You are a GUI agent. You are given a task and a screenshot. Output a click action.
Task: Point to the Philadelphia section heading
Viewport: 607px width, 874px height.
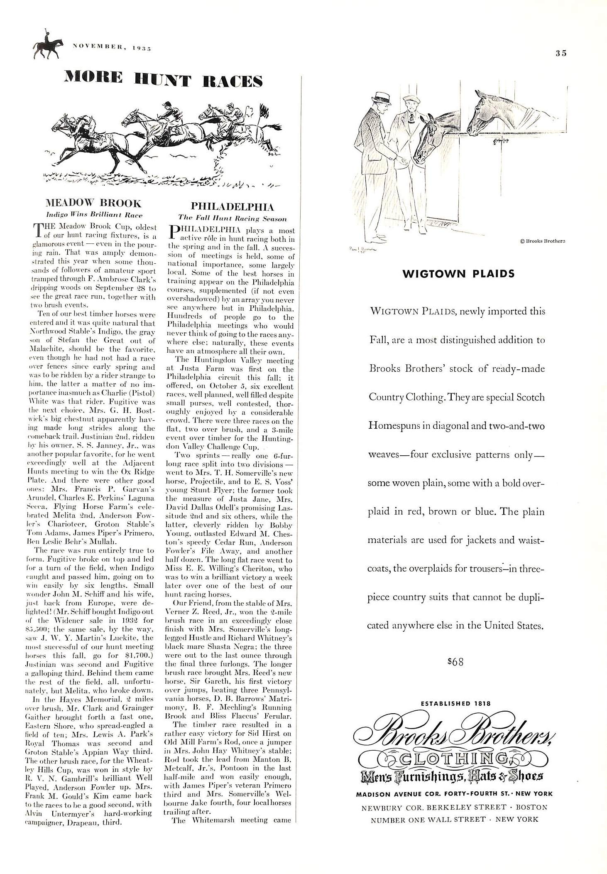[232, 206]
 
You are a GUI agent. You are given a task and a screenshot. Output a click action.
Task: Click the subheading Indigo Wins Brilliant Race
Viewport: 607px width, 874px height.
[94, 215]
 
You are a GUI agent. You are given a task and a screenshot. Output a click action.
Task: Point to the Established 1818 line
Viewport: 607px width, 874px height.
[455, 703]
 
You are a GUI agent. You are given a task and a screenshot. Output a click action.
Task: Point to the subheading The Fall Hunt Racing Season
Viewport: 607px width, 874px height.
[232, 218]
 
